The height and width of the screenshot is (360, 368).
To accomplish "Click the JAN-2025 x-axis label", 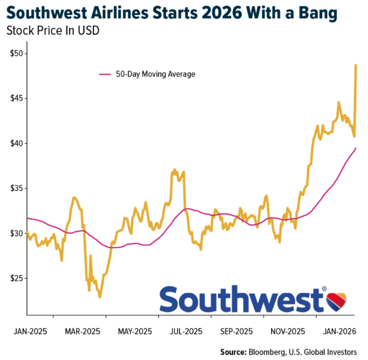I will tap(29, 331).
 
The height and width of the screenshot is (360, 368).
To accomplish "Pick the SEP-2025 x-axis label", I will tap(238, 331).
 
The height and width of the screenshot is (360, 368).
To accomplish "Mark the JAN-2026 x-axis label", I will tap(340, 331).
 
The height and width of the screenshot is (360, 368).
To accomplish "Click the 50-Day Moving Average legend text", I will tap(155, 74).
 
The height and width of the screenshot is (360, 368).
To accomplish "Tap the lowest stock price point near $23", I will tap(100, 296).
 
